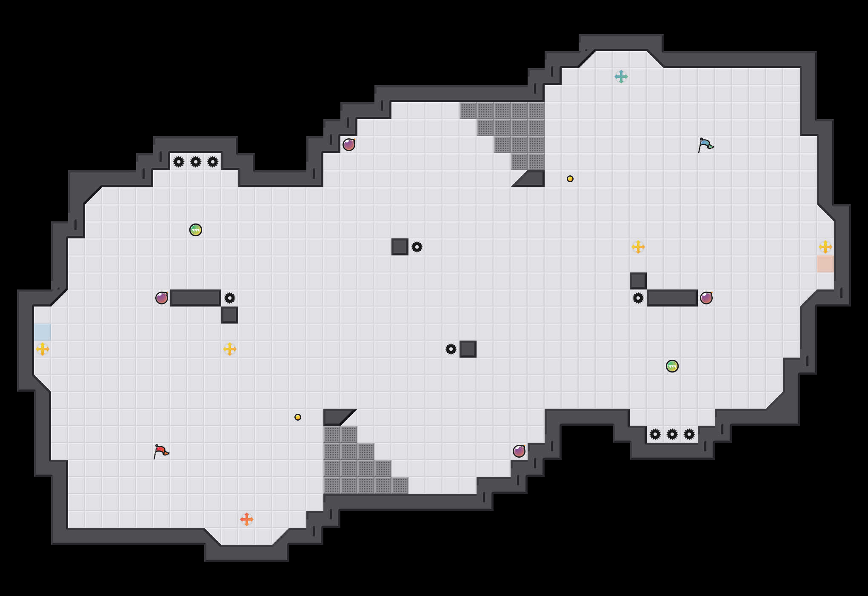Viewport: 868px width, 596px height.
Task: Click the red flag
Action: [x=161, y=451]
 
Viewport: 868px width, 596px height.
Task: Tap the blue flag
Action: [x=705, y=145]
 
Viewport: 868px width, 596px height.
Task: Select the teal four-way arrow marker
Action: [x=621, y=77]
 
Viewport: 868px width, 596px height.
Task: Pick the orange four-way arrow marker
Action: [x=247, y=519]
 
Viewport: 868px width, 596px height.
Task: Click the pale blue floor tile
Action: [x=43, y=332]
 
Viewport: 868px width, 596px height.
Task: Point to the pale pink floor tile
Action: [x=825, y=264]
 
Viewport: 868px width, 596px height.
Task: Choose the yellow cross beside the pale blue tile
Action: [x=43, y=349]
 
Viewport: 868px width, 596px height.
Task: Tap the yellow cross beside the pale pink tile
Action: [x=825, y=247]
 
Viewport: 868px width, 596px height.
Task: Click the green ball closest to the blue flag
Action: [x=672, y=366]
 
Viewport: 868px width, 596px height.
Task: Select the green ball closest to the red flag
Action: [x=196, y=230]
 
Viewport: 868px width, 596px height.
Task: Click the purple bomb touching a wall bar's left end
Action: [x=162, y=298]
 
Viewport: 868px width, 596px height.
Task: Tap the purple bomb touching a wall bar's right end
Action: [x=706, y=298]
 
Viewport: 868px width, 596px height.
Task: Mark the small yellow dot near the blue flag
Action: [x=570, y=179]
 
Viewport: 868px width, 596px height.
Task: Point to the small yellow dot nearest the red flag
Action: [x=298, y=417]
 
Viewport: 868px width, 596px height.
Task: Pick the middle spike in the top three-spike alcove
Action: [x=196, y=162]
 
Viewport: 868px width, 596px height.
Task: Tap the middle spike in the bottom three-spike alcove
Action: [x=672, y=434]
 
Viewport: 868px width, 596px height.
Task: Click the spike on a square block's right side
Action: [x=417, y=247]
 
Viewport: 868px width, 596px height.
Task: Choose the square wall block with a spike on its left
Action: [x=468, y=349]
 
